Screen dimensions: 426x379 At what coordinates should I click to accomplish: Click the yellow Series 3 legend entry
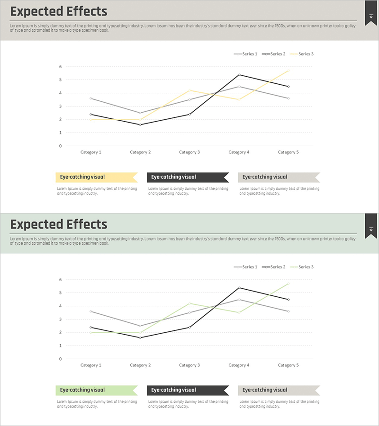tap(302, 54)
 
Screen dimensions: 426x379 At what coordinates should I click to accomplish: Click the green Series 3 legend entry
tap(302, 267)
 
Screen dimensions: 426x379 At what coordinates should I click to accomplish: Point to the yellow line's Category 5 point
tap(288, 71)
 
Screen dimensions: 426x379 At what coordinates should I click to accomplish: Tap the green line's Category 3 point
tap(189, 303)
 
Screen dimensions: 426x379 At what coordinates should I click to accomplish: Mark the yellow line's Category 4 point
tap(239, 99)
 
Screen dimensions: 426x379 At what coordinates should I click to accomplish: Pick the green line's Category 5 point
tap(288, 284)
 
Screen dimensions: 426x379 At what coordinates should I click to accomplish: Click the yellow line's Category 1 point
tap(91, 119)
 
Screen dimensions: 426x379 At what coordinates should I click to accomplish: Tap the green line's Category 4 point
tap(239, 312)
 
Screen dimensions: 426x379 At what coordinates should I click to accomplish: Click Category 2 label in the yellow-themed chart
tap(140, 152)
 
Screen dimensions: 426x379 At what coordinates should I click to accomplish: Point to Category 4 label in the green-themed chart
tap(239, 365)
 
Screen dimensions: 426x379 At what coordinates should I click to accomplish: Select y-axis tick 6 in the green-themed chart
tap(60, 280)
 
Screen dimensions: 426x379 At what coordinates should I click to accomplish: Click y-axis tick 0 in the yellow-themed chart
tap(60, 146)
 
